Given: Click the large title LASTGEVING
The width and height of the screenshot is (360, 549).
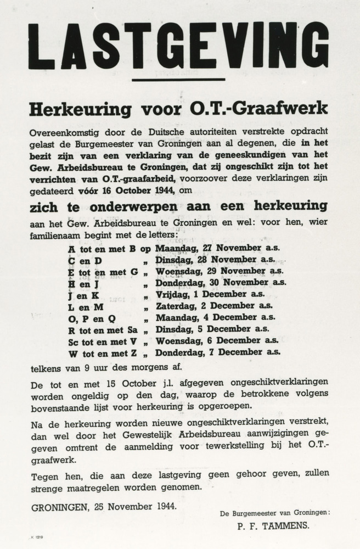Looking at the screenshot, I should tap(179, 46).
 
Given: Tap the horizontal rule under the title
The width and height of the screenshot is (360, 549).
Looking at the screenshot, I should tap(178, 80).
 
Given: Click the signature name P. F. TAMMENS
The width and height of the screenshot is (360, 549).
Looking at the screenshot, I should tap(273, 525).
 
